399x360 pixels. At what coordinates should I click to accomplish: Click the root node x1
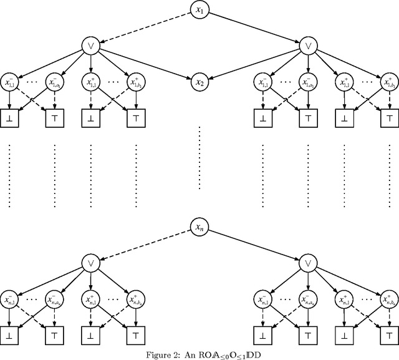[199, 11]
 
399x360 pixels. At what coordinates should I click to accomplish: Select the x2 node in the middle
[199, 82]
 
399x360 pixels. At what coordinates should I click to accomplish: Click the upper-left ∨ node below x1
[91, 46]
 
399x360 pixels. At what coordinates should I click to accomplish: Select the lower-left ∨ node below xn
[91, 264]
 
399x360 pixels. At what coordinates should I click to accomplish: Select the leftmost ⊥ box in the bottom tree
[11, 335]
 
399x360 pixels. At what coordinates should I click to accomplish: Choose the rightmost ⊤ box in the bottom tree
[389, 335]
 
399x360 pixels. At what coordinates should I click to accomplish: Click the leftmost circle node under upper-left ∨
[11, 82]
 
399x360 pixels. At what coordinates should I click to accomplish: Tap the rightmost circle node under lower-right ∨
[389, 300]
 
